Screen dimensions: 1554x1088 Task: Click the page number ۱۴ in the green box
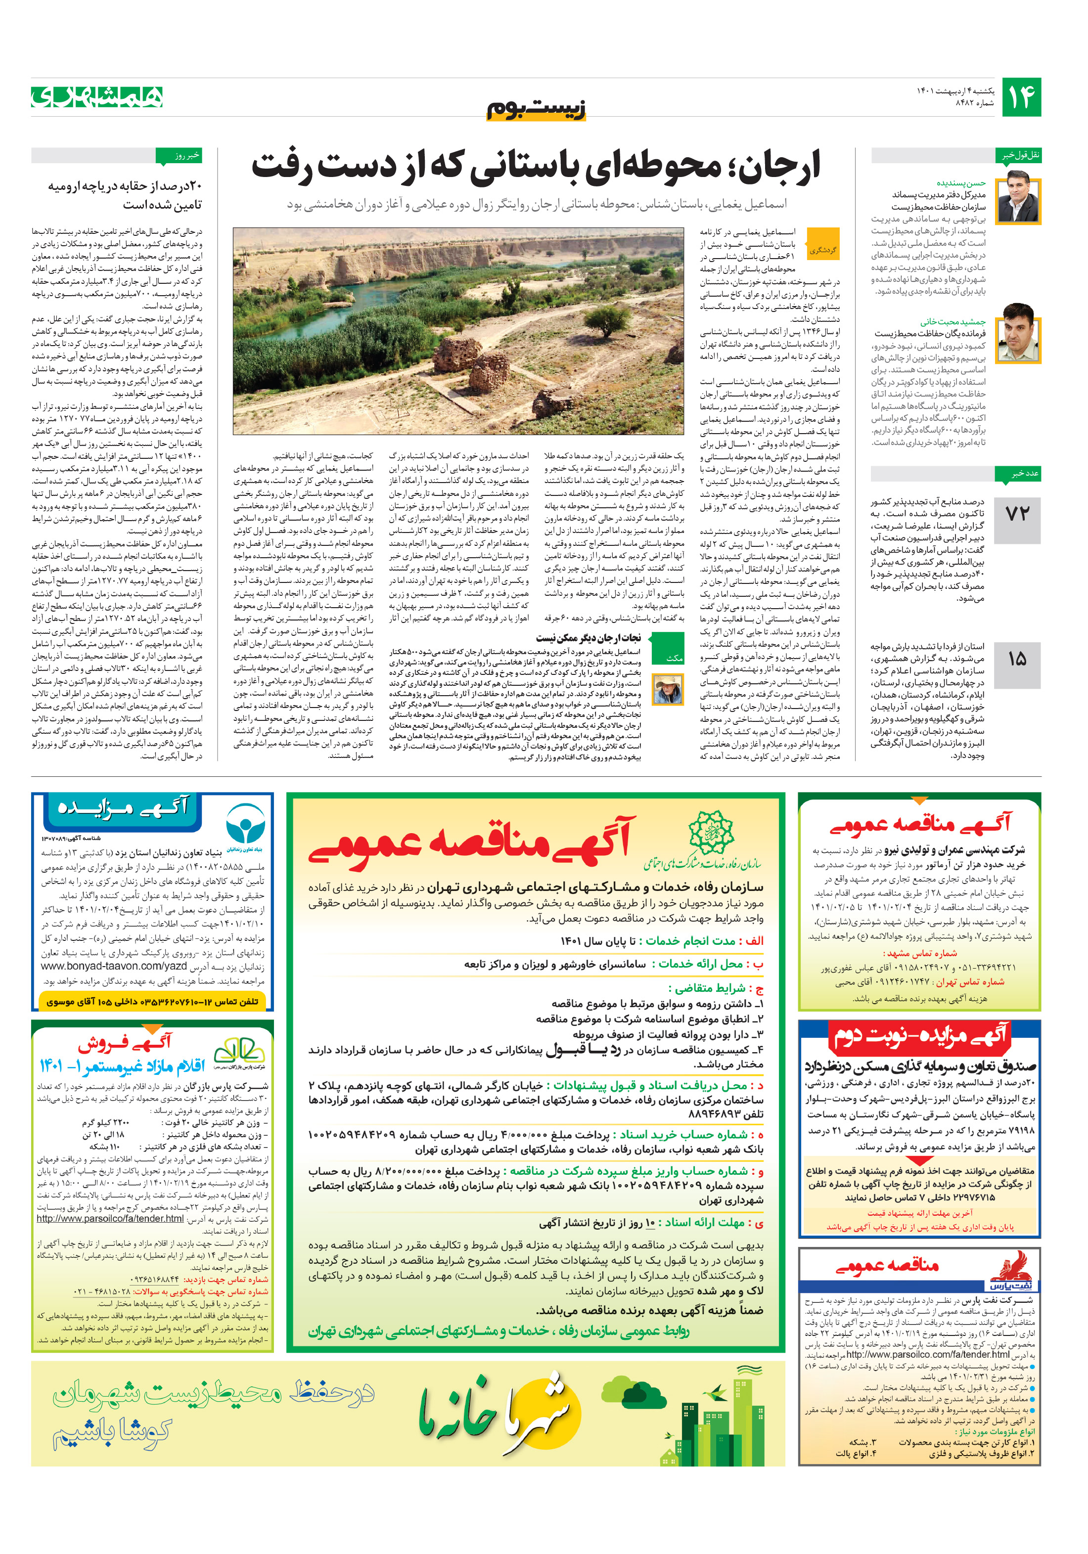(x=1020, y=97)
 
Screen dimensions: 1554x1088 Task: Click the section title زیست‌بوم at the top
(x=536, y=108)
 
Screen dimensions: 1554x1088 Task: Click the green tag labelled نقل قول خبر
(x=1021, y=156)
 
